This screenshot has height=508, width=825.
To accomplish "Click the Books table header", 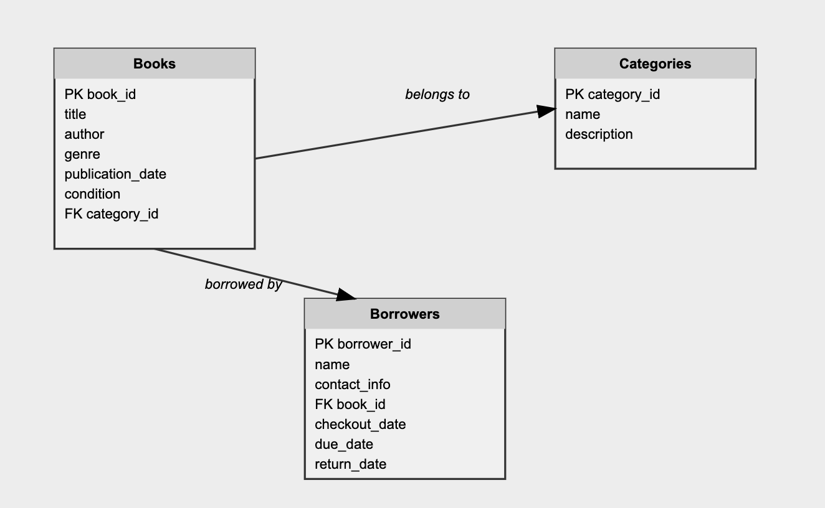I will tap(155, 63).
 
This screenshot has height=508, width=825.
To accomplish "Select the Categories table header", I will tap(655, 63).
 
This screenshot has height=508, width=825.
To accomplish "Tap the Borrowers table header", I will tap(404, 314).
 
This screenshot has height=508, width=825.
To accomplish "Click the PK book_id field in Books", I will tap(100, 94).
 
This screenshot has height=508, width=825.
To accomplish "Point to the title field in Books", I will tap(75, 114).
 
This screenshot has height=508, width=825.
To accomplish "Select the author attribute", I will tap(84, 134).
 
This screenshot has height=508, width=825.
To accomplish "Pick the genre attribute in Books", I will tap(82, 154).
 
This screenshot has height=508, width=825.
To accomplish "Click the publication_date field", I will tap(115, 174).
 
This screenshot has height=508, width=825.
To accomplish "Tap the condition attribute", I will tap(92, 194).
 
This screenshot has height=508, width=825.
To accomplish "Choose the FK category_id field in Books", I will tap(112, 214).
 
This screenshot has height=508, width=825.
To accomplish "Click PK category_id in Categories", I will tap(613, 94).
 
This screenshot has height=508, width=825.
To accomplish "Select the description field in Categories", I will tap(599, 134).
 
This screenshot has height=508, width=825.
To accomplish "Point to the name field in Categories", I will tap(583, 114).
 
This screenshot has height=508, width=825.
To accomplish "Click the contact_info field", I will tap(353, 384).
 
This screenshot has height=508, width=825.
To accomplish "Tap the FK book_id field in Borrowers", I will tap(350, 404).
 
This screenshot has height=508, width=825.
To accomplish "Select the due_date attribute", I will tap(344, 444).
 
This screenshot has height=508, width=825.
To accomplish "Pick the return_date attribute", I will tap(350, 464).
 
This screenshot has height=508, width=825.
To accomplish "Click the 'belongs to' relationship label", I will tap(437, 94).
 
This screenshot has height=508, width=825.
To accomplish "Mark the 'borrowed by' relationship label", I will tap(243, 284).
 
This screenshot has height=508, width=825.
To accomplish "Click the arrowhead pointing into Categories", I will tap(546, 111).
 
